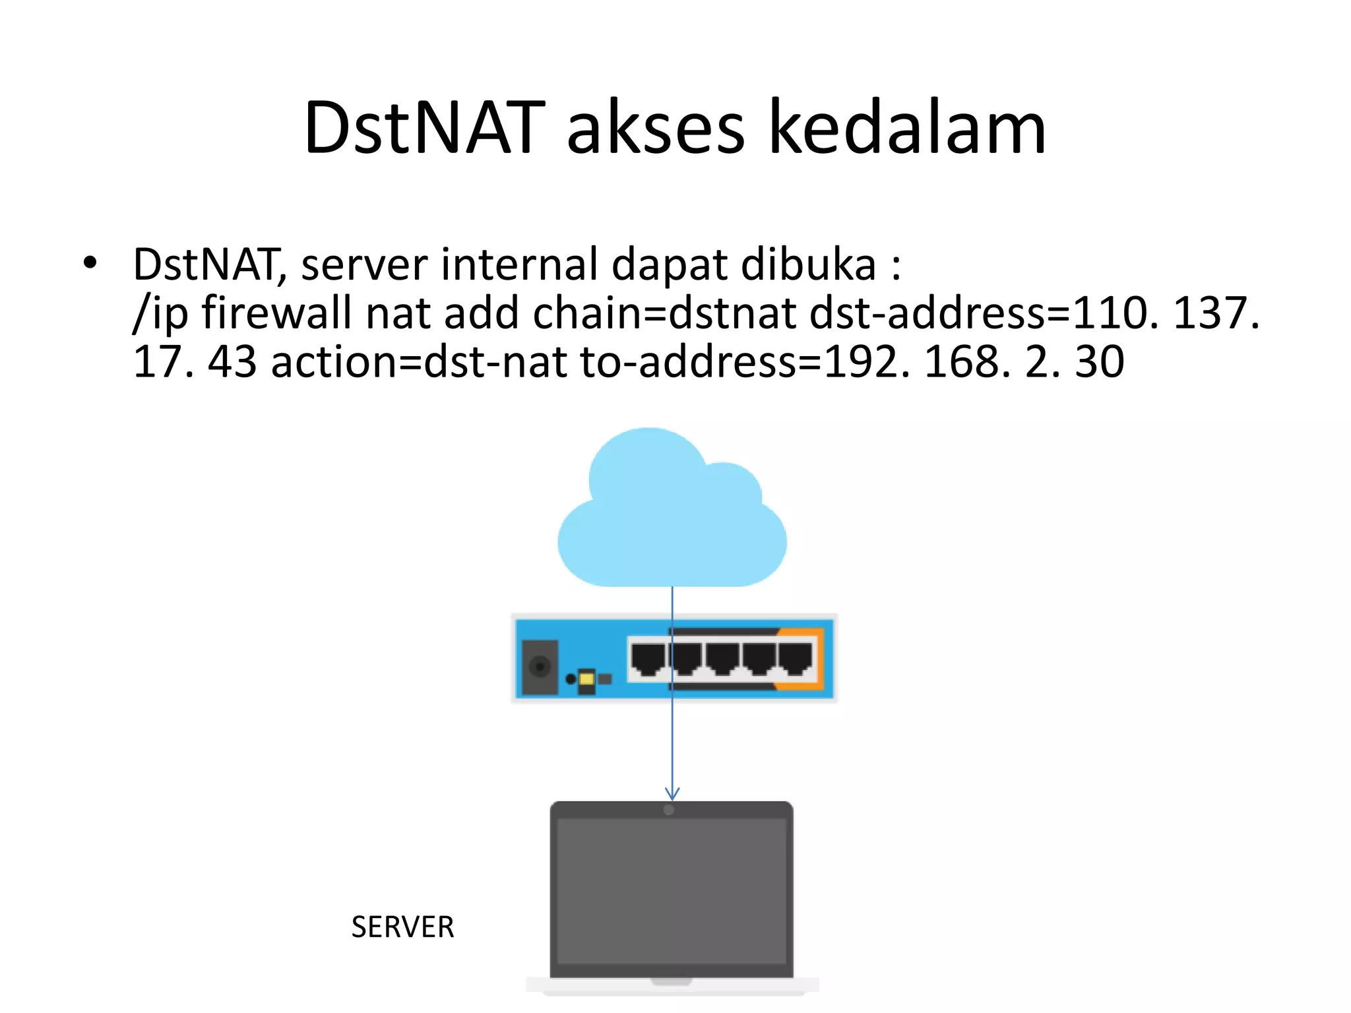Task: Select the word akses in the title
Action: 655,129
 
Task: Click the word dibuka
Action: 809,264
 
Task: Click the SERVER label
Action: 402,927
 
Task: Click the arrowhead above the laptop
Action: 672,793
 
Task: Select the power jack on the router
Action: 540,667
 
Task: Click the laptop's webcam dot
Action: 669,810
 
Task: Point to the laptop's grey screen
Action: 672,890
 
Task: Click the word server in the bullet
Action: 364,264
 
